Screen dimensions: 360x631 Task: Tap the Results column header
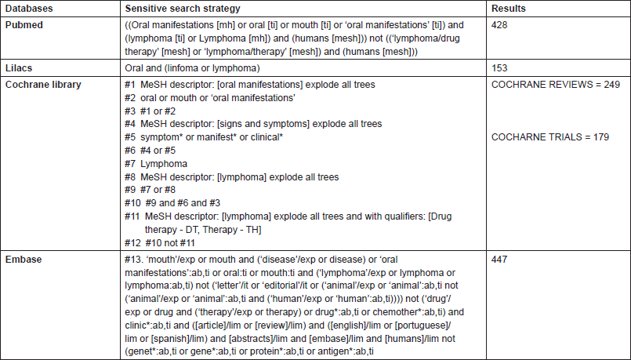[x=509, y=9]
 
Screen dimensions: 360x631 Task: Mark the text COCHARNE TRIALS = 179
[x=549, y=137]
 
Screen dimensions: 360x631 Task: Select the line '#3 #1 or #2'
[x=147, y=111]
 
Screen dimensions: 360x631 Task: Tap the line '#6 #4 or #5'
[x=147, y=151]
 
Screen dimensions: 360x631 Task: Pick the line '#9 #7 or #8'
[x=147, y=191]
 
